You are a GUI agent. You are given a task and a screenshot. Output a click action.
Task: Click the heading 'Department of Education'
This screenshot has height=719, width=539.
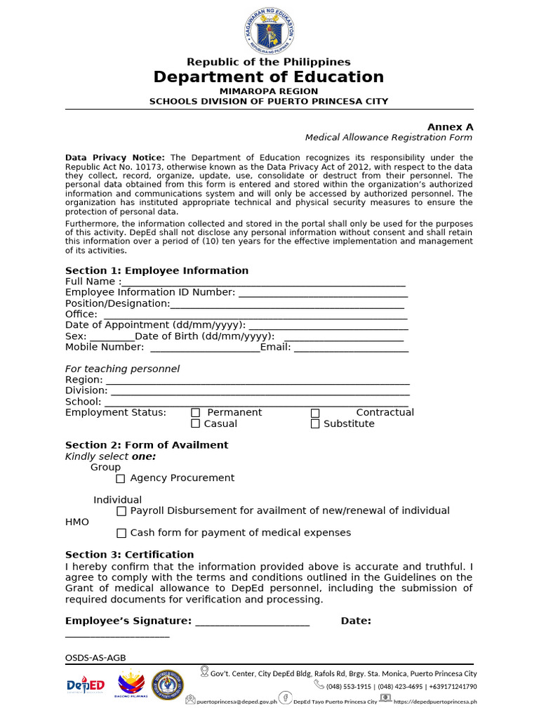269,77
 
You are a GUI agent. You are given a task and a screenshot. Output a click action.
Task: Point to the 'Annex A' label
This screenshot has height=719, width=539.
451,127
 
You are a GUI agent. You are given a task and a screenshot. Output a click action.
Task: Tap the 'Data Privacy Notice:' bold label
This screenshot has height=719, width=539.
115,157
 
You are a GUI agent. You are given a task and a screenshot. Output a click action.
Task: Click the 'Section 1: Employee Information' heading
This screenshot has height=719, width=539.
157,270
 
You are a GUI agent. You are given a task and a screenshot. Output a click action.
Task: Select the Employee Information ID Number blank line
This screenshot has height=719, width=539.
323,294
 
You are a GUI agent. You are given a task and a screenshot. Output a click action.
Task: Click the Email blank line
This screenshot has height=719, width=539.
351,349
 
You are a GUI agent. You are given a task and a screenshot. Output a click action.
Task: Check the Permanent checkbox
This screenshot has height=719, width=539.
196,413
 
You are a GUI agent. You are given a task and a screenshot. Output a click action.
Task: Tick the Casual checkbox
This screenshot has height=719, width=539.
196,424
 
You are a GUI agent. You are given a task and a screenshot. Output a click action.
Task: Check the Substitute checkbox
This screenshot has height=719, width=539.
315,424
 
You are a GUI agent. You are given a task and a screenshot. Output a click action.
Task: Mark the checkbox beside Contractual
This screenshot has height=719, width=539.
315,413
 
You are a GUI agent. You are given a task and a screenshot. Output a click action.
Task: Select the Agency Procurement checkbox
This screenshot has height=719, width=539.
121,478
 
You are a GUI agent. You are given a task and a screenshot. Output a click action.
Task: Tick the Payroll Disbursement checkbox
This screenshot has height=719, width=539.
121,511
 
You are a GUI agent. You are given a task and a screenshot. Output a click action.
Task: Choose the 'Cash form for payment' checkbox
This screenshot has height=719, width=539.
121,533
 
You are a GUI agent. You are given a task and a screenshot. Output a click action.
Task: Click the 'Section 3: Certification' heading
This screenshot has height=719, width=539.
129,555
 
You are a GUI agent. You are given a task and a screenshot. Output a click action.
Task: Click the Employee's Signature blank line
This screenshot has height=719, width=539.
252,623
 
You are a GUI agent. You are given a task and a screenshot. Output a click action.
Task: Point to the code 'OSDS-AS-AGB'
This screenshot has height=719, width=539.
95,658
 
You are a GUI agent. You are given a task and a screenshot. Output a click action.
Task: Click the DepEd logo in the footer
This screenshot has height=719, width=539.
86,685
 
